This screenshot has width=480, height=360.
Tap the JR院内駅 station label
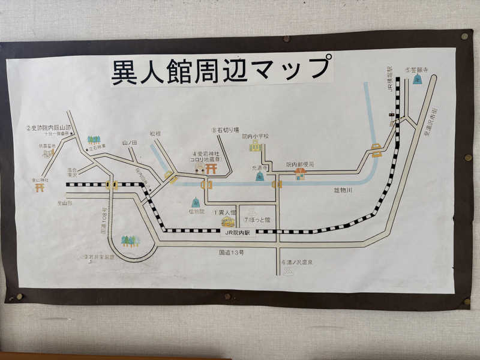pyautogui.click(x=238, y=232)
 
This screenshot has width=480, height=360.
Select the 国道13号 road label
pyautogui.click(x=232, y=253)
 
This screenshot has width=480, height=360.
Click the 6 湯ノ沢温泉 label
pyautogui.click(x=298, y=263)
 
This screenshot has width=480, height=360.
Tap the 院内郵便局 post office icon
pyautogui.click(x=300, y=174)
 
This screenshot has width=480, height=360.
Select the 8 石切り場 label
pyautogui.click(x=225, y=130)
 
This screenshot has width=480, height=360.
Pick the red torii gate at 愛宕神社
pyautogui.click(x=211, y=169)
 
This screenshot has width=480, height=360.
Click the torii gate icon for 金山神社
pyautogui.click(x=41, y=187)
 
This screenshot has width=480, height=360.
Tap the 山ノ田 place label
pyautogui.click(x=130, y=143)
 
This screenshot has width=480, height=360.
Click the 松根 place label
pyautogui.click(x=155, y=134)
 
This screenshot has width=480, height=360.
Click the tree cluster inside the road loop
pyautogui.click(x=130, y=241)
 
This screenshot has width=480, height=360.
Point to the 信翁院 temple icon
pyautogui.click(x=196, y=202)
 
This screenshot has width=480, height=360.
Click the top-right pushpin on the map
pyautogui.click(x=464, y=36)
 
